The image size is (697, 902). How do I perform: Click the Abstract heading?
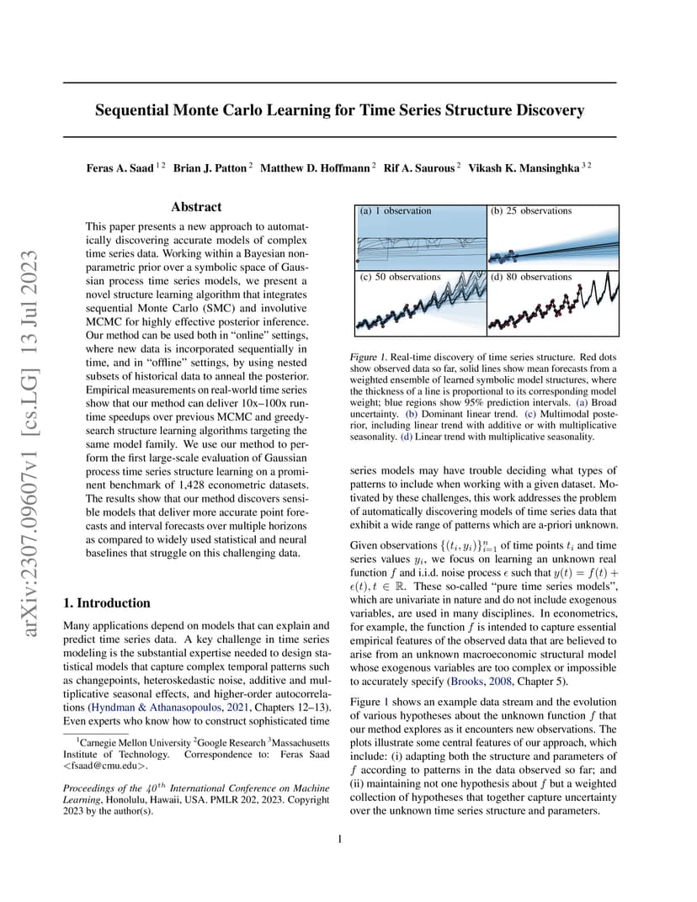(196, 207)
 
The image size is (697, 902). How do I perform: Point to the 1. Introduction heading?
(107, 602)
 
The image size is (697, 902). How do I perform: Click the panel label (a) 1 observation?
(395, 210)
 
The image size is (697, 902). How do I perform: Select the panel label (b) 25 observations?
(530, 210)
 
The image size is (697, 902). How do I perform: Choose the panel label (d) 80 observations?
(531, 277)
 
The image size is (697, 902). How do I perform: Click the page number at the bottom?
(339, 839)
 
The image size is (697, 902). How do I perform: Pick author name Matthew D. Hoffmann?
(315, 168)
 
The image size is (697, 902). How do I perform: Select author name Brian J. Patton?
(210, 168)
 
